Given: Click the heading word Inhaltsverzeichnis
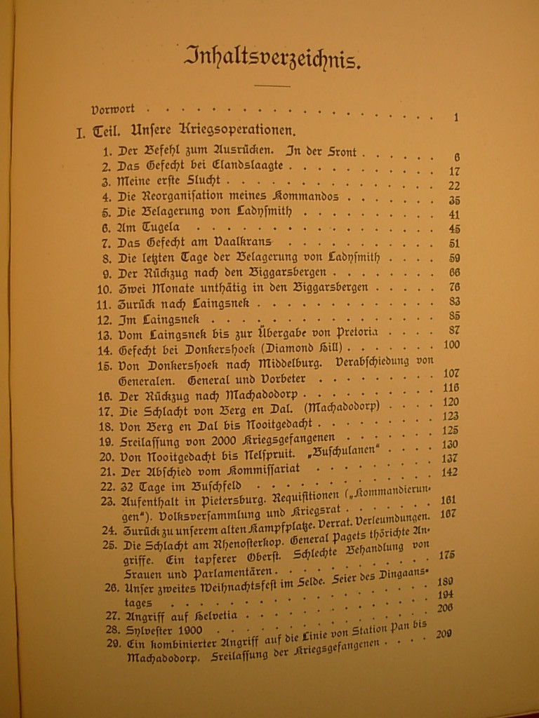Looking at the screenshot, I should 273,58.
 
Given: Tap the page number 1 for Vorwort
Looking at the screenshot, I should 455,118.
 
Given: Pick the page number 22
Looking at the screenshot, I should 453,185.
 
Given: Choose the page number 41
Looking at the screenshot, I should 454,215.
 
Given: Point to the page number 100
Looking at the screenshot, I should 451,344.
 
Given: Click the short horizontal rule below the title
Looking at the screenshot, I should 272,86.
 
